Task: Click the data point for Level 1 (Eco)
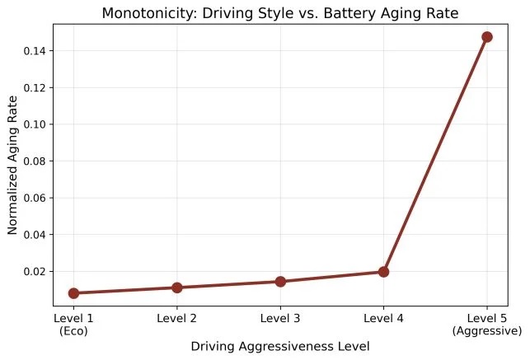[73, 293]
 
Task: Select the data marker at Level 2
[177, 288]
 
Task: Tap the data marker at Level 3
[280, 281]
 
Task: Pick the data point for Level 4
[383, 272]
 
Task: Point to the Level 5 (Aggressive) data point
[487, 37]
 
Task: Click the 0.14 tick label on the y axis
[35, 51]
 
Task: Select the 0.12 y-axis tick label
[35, 88]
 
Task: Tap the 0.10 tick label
[35, 124]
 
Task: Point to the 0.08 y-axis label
[35, 161]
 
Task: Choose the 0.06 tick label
[35, 198]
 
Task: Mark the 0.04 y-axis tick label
[35, 235]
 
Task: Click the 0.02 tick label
[35, 272]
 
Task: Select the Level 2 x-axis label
[176, 318]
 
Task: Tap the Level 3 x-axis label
[280, 318]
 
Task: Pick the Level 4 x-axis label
[383, 318]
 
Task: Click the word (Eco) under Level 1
[73, 331]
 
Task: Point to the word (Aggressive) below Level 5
[487, 331]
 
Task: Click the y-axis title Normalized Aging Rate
[12, 165]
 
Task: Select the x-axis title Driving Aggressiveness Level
[280, 347]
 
